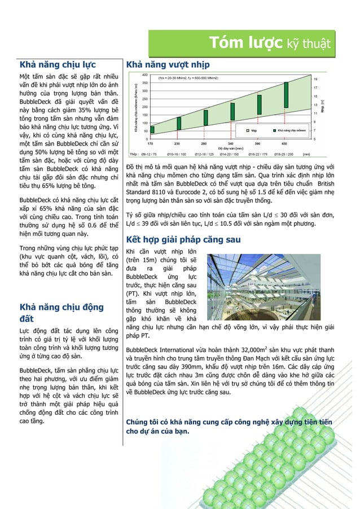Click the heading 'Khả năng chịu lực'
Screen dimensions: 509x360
pos(58,64)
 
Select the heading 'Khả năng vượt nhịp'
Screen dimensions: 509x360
pos(168,64)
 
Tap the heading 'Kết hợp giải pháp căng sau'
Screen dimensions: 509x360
pos(183,239)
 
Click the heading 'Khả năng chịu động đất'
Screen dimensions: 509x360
pos(62,313)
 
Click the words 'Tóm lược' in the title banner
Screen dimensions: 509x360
pos(244,42)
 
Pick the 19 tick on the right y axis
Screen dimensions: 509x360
pos(315,79)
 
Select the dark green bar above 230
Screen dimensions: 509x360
pos(179,123)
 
